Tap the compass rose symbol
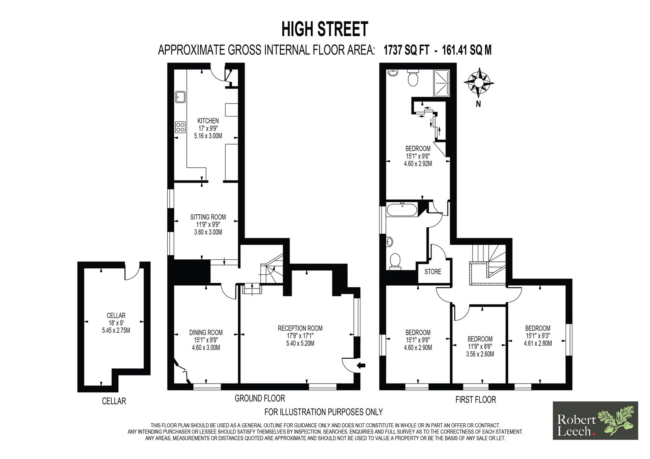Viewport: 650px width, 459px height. click(x=479, y=83)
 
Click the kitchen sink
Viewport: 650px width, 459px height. click(x=180, y=97)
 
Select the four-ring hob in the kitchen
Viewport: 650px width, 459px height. click(x=180, y=127)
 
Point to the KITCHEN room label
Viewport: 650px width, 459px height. click(x=208, y=121)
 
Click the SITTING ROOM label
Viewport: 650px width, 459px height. click(x=208, y=217)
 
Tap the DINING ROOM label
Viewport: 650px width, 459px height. click(x=206, y=332)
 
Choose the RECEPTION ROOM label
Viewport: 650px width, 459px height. click(x=300, y=328)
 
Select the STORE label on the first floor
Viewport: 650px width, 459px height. click(x=433, y=272)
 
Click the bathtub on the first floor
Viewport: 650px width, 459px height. click(x=402, y=210)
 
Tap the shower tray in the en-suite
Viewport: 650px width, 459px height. click(x=441, y=83)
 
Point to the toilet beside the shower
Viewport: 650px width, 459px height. click(x=412, y=78)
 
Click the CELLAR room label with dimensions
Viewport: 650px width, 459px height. click(x=116, y=322)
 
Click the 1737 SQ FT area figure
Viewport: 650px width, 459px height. click(x=406, y=50)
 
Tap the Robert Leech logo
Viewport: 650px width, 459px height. click(x=595, y=420)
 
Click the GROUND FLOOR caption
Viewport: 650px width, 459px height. click(x=260, y=399)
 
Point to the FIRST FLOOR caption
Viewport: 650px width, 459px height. click(x=476, y=400)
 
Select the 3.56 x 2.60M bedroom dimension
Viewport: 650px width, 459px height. click(x=480, y=354)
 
